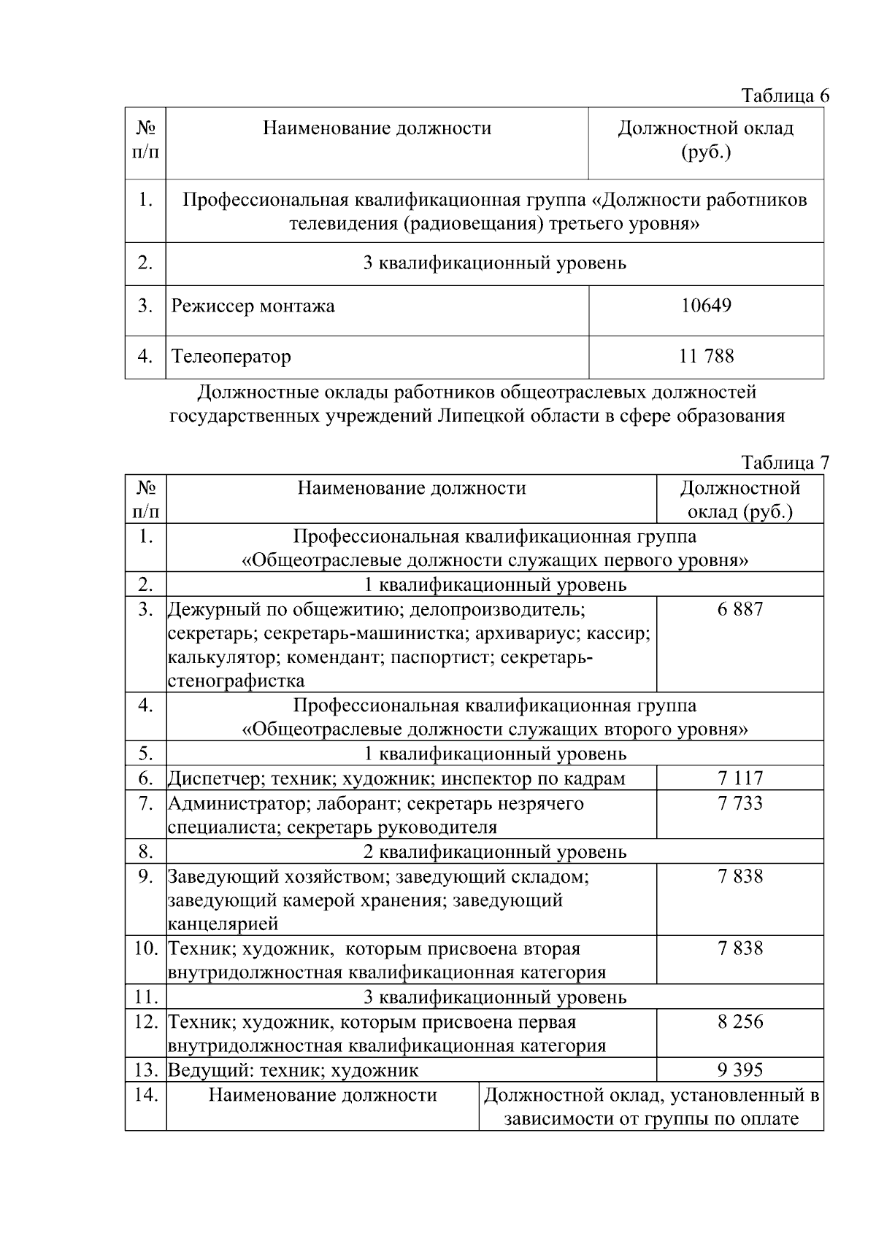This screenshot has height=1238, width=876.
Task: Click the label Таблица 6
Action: click(x=785, y=96)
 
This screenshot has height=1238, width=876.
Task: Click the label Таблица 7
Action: click(x=785, y=463)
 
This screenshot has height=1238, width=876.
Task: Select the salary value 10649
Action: click(x=706, y=306)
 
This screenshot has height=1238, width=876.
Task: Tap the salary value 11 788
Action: click(x=706, y=356)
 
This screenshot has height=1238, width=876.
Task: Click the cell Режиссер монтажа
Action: click(x=253, y=306)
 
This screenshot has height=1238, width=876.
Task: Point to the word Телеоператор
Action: click(x=231, y=357)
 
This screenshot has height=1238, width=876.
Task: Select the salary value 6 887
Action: click(x=739, y=609)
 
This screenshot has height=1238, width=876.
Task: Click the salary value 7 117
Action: click(x=739, y=778)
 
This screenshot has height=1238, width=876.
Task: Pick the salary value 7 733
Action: click(x=739, y=803)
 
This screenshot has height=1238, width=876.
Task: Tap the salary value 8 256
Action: click(x=739, y=1021)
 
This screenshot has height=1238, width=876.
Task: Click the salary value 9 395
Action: click(x=739, y=1070)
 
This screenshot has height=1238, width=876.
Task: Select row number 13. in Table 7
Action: click(x=146, y=1070)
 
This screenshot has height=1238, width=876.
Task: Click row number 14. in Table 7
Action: click(x=146, y=1095)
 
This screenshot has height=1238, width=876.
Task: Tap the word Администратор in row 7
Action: click(x=230, y=804)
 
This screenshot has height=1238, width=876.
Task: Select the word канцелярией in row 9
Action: click(x=223, y=924)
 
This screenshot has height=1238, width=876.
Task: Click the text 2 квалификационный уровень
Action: click(x=494, y=851)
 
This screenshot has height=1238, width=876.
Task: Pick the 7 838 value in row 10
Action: click(x=739, y=948)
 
